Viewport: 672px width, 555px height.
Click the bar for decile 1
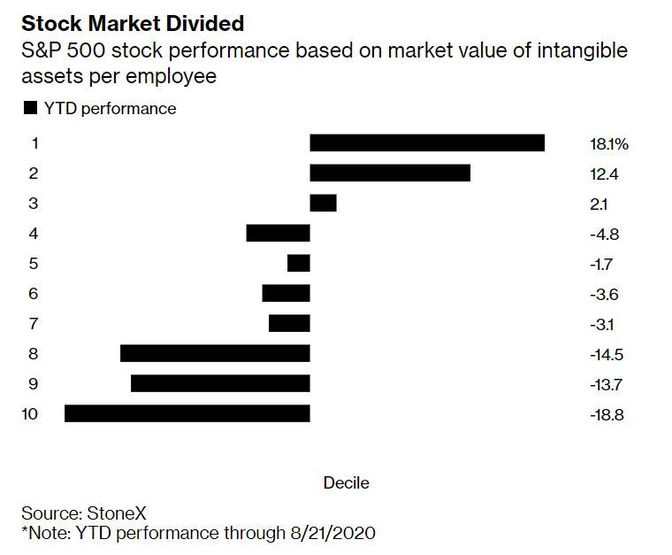click(427, 143)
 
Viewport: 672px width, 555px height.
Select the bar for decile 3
click(323, 203)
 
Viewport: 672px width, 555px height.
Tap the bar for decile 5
click(299, 263)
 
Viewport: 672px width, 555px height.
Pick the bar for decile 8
click(215, 353)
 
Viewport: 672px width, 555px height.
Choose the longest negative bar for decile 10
click(187, 413)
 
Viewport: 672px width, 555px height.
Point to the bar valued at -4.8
click(278, 233)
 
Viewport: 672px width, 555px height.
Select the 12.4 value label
click(603, 173)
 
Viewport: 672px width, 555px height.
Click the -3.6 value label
click(604, 294)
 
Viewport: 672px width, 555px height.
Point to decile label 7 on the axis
click(34, 323)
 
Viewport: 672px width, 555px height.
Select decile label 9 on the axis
click(34, 383)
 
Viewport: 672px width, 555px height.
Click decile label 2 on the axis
click(34, 173)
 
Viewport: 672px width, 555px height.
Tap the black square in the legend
click(30, 109)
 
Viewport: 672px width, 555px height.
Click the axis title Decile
click(346, 483)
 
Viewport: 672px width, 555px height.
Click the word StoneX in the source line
click(113, 513)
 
